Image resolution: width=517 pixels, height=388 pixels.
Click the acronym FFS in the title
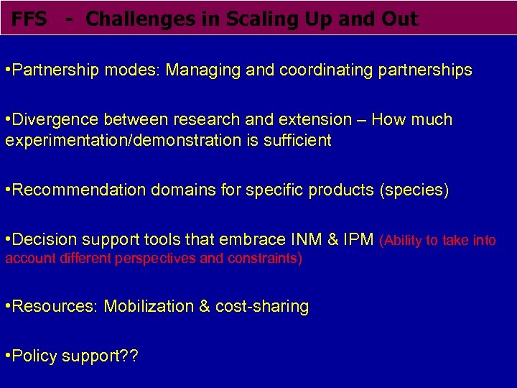(29, 19)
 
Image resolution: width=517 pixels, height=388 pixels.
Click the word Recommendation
(78, 190)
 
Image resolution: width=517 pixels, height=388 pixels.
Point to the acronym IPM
(358, 239)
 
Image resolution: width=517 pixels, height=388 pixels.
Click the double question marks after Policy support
(129, 356)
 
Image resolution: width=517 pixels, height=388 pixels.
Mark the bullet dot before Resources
(7, 307)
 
